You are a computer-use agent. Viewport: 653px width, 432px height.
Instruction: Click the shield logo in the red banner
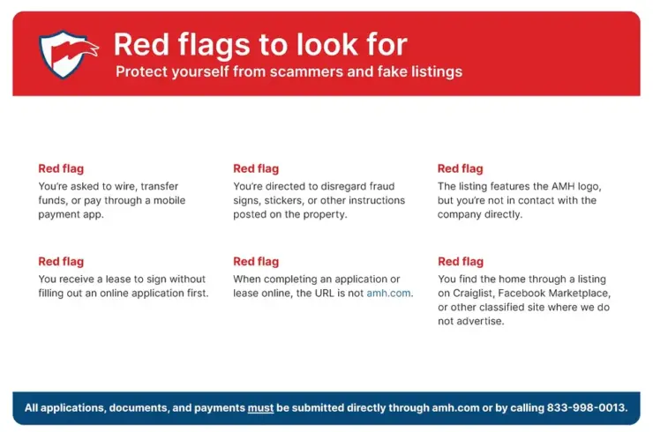point(68,54)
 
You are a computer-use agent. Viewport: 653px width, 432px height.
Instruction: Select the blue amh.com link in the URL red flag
point(388,293)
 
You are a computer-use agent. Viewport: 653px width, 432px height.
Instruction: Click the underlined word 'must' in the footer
point(260,408)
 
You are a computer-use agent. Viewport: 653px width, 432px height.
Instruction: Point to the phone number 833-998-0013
point(586,407)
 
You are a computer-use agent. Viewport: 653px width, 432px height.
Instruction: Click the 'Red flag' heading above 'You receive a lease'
point(61,261)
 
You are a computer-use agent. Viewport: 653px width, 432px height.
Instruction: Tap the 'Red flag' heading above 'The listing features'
point(460,168)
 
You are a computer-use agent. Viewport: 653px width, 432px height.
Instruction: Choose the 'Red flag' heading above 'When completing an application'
point(256,261)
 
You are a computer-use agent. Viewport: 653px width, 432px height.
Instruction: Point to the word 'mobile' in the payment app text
point(169,200)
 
